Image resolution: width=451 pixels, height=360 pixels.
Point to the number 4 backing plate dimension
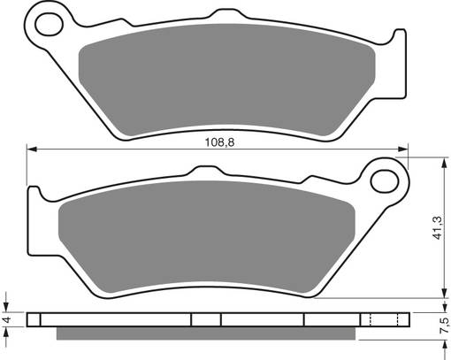click(6, 319)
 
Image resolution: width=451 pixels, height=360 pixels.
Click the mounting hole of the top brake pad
click(39, 21)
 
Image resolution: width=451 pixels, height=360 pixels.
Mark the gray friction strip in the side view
click(212, 333)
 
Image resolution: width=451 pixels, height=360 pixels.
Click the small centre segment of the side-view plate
click(206, 319)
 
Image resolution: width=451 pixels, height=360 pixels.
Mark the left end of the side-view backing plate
click(29, 319)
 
